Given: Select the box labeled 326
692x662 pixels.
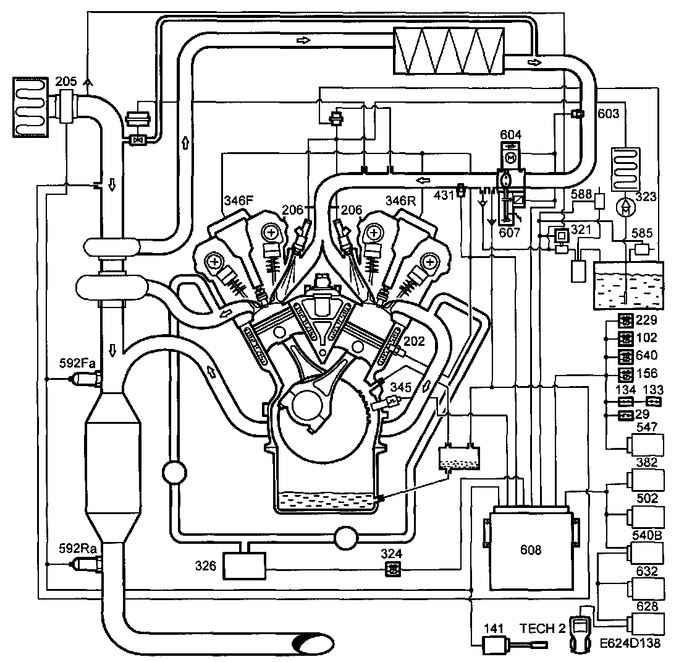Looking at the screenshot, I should tap(243, 565).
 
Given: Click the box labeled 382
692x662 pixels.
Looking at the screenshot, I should tap(645, 481).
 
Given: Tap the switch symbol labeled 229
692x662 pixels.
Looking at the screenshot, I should tap(625, 320).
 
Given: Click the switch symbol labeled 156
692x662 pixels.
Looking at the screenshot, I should tap(625, 374).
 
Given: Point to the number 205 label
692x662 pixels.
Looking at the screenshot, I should tap(65, 81).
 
